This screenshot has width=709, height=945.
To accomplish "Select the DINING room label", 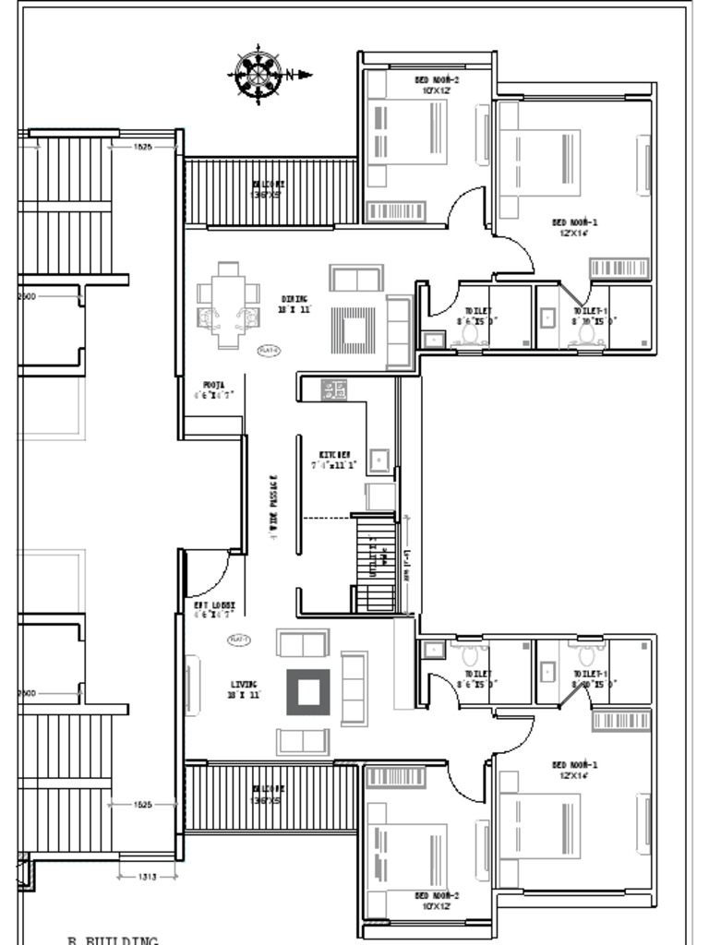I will click(x=294, y=299).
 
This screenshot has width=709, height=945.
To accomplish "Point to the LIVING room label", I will click(x=245, y=685).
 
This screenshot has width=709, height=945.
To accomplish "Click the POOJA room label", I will click(x=212, y=384).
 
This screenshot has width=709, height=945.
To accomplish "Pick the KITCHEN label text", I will click(x=334, y=455).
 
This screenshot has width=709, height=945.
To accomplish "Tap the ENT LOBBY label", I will click(x=208, y=605).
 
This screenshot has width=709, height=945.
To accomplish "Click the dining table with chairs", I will click(x=227, y=305).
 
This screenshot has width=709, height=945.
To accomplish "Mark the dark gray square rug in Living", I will click(x=308, y=692).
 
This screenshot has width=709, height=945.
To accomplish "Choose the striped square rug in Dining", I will click(x=354, y=329).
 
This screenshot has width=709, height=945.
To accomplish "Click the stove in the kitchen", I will click(x=334, y=389).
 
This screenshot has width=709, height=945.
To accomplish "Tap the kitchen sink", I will click(x=379, y=459).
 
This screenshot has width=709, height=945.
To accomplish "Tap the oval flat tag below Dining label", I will click(x=269, y=350).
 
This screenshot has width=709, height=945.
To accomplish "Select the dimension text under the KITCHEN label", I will click(x=334, y=466).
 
